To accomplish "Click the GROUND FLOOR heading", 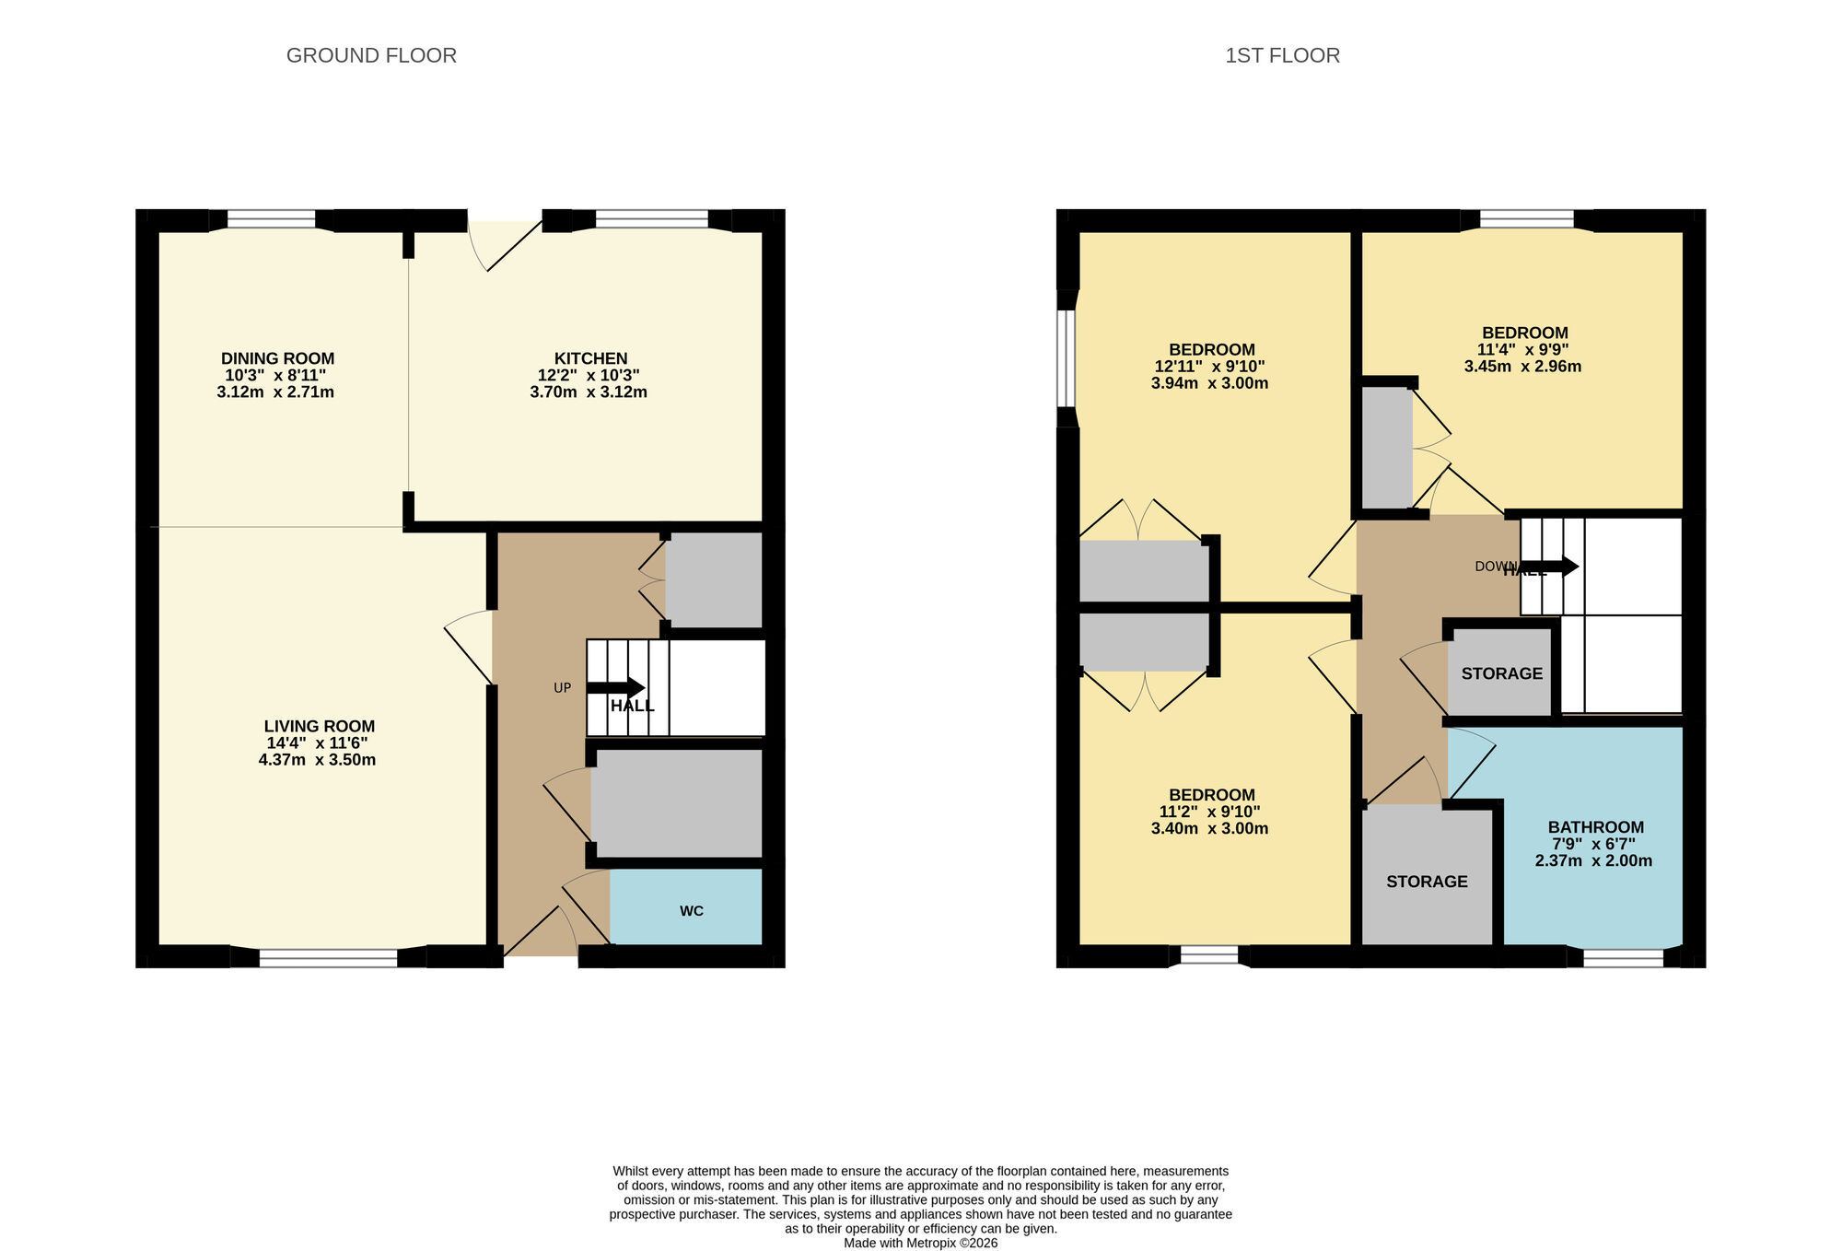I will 371,55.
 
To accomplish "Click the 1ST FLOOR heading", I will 1282,55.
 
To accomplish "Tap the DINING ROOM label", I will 277,358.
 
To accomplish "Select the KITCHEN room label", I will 590,358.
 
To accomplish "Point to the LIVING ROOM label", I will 319,726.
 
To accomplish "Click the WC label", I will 691,911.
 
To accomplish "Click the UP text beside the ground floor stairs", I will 562,688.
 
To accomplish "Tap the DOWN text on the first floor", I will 1494,567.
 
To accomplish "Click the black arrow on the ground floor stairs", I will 615,687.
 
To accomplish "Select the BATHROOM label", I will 1595,827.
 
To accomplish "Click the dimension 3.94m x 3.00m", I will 1209,383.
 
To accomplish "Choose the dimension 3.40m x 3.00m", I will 1209,828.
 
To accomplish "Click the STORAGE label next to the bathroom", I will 1427,882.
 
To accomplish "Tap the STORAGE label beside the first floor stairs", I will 1501,673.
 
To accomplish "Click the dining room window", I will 271,219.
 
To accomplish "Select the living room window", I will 328,958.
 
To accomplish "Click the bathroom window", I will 1623,958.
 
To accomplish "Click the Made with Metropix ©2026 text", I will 920,1243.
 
